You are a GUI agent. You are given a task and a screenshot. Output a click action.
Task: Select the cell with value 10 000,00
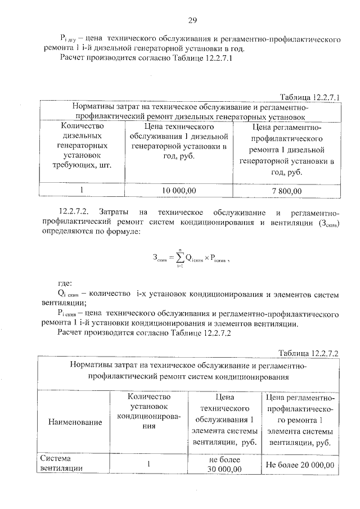point(179,191)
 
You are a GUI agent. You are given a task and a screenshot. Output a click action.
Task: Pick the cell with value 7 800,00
point(286,191)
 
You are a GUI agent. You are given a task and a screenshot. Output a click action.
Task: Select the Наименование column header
point(75,422)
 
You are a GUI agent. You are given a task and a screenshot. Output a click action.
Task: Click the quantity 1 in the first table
point(81,191)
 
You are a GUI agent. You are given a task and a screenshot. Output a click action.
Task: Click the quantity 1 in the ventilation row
point(149,465)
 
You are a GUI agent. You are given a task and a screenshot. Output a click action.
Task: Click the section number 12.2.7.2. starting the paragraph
point(76,212)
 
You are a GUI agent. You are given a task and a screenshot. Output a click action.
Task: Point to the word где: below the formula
point(65,284)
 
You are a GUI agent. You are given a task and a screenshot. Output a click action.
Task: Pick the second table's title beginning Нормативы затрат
point(189,372)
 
